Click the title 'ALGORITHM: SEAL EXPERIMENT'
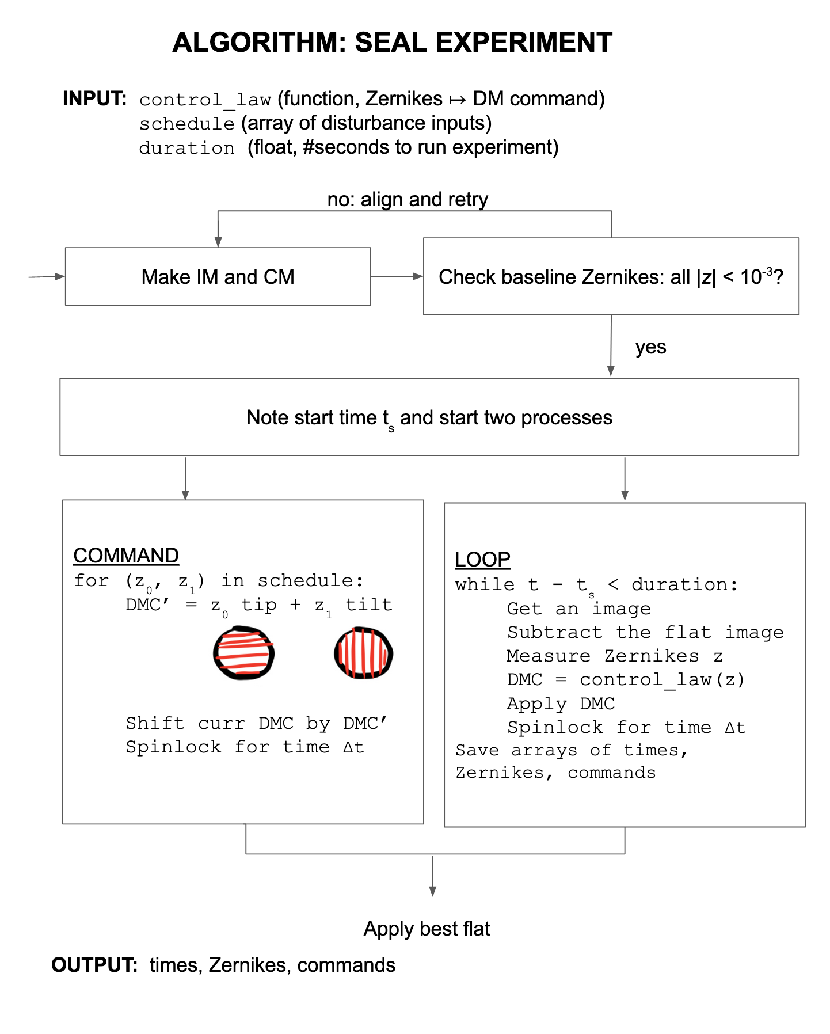point(392,43)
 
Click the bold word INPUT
point(94,99)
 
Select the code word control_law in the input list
point(205,100)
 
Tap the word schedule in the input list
point(187,124)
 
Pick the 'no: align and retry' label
point(408,200)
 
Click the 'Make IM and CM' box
point(218,277)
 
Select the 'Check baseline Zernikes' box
point(611,277)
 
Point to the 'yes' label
point(650,347)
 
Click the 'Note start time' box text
point(429,417)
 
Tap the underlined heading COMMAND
point(126,556)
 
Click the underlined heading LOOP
point(482,560)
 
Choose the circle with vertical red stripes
point(364,653)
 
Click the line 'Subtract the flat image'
point(645,632)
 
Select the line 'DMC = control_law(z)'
point(626,680)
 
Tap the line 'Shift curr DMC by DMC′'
point(257,723)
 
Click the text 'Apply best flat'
point(427,929)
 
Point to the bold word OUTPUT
point(94,965)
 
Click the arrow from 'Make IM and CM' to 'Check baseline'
point(397,276)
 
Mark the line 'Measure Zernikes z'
point(615,656)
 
